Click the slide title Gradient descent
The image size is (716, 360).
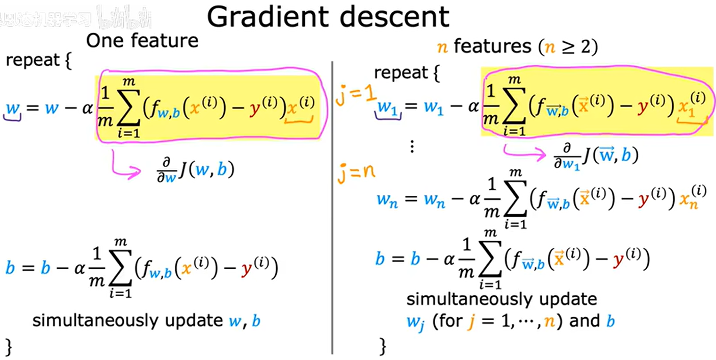click(x=328, y=16)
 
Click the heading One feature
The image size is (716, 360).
click(x=142, y=40)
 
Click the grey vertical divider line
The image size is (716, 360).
click(x=332, y=204)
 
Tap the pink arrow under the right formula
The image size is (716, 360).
click(x=524, y=151)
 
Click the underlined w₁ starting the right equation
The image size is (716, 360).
click(x=388, y=108)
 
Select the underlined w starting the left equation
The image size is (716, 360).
click(x=12, y=108)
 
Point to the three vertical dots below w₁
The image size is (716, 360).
click(x=412, y=147)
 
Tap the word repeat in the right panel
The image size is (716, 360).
click(x=401, y=73)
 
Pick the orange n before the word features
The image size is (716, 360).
click(x=443, y=48)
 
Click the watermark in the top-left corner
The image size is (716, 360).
click(x=76, y=19)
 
